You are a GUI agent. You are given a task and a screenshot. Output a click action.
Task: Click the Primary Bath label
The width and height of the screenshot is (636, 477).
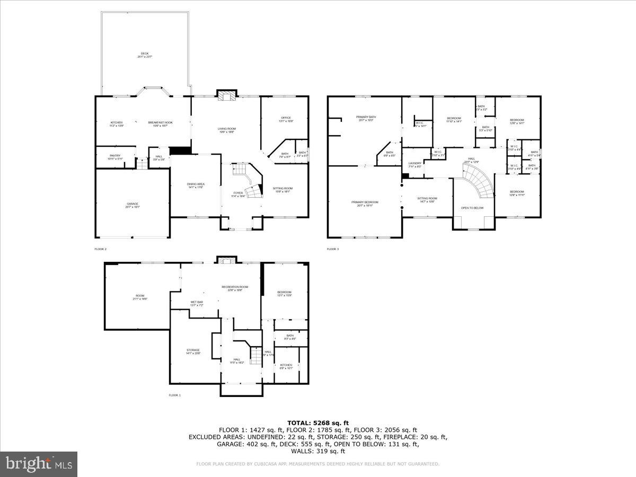point(366,118)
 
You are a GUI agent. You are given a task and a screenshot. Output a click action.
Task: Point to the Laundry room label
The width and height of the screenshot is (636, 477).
point(415,164)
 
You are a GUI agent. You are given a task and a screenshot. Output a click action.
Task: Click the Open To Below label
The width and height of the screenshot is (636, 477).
point(472,208)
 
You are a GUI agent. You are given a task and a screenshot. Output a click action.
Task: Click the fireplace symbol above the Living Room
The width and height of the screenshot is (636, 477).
point(227,96)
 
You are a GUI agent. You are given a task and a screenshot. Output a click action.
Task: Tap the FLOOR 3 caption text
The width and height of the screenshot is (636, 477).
point(333,249)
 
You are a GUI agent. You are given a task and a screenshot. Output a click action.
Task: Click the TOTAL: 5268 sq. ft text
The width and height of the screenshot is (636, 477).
point(318,422)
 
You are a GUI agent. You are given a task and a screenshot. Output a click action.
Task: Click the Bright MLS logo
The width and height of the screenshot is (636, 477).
point(39,464)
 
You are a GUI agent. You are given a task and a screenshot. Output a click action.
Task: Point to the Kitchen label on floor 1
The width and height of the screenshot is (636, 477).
point(286,366)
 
